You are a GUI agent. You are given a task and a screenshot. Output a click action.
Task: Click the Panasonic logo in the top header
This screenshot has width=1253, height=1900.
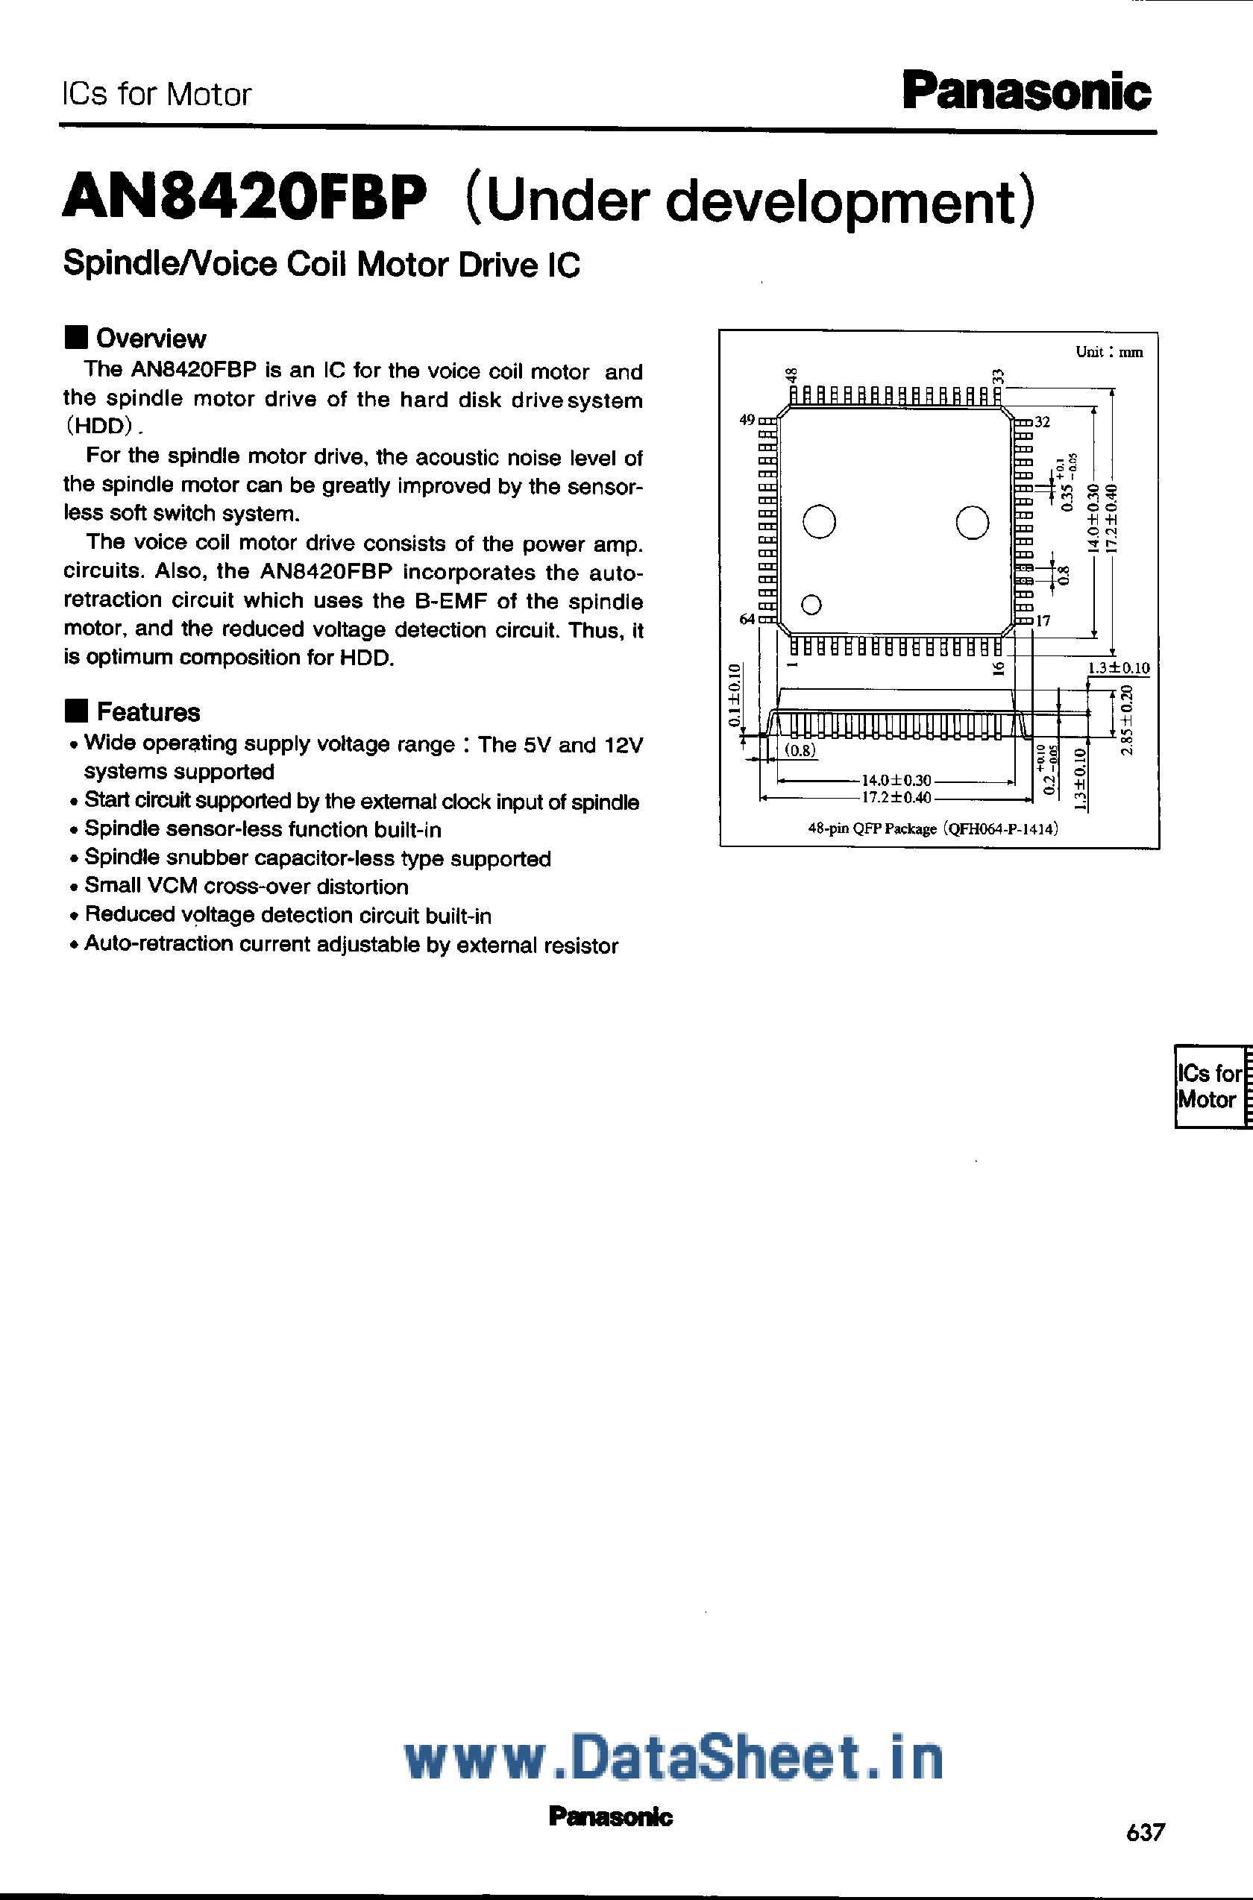coord(1026,92)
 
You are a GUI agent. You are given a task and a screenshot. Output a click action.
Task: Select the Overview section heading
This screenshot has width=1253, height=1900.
coord(150,339)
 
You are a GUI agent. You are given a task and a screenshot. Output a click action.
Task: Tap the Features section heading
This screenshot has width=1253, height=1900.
coord(148,712)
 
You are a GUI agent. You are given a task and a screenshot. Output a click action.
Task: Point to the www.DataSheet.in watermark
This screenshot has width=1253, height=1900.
coord(673,1758)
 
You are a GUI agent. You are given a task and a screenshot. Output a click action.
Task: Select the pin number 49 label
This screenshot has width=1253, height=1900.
coord(747,420)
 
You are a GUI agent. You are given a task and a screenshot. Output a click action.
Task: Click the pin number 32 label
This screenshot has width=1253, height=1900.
coord(1042,422)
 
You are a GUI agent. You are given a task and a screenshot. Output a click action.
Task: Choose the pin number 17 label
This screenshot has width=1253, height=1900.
coord(1043,621)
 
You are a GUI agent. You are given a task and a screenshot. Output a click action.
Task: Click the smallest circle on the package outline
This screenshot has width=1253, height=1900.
coord(811,605)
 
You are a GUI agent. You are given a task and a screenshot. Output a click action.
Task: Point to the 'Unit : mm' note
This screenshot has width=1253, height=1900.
coord(1109,351)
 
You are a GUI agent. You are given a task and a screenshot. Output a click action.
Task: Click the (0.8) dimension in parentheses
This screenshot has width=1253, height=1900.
coord(800,750)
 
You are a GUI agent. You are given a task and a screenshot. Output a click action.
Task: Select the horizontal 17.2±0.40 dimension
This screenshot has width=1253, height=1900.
coord(896,797)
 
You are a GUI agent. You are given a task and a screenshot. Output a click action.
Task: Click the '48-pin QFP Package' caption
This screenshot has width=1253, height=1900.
coord(932,828)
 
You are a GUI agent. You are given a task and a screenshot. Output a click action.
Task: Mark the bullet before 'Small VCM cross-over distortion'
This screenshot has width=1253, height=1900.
coord(74,887)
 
